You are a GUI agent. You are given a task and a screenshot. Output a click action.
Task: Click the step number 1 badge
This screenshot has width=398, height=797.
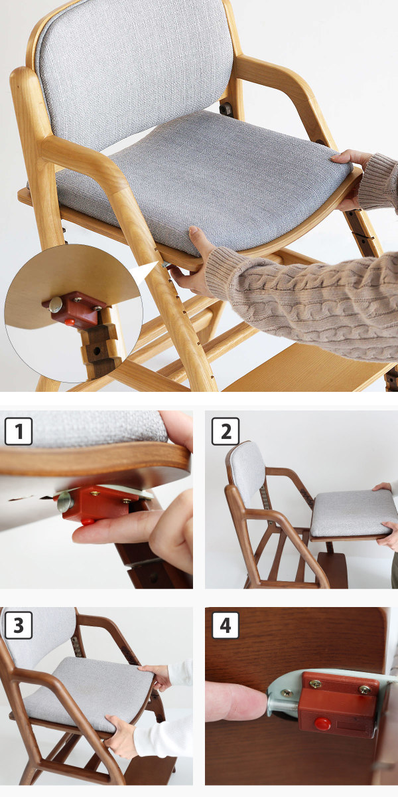click(19, 432)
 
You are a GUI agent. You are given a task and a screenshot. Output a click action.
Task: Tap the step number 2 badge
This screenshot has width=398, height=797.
click(226, 431)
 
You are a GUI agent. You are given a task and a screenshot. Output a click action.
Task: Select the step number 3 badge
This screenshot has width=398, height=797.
click(18, 625)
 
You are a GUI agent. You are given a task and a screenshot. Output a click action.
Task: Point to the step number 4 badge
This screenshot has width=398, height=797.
click(226, 625)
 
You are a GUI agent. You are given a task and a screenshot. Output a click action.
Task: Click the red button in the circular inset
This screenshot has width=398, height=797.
click(70, 322)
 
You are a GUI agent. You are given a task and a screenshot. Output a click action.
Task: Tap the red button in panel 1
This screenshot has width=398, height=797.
click(87, 521)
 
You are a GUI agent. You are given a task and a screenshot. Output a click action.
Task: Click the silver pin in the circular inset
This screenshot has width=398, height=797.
click(56, 305)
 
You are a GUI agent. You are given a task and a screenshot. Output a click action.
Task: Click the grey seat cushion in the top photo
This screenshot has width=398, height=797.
click(202, 181)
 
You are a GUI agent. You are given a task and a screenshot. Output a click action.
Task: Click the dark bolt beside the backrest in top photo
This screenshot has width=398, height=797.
click(226, 108)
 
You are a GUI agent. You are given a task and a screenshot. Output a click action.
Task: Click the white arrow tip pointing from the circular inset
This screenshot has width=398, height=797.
click(157, 262)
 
